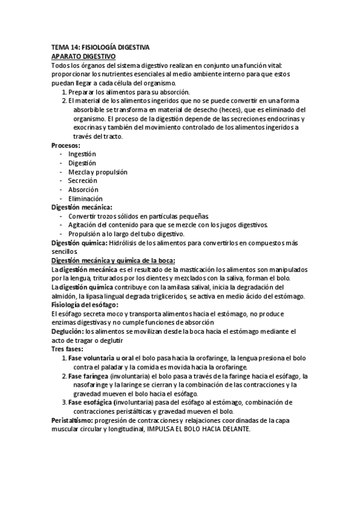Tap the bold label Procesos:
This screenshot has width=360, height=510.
click(66, 146)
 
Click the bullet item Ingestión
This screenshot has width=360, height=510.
click(82, 155)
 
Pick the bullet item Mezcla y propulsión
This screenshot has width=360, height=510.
click(98, 172)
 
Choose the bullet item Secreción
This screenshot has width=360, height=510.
click(82, 181)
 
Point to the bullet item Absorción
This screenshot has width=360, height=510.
click(84, 189)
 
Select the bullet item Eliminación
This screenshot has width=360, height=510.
click(85, 198)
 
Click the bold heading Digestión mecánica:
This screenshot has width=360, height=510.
click(82, 207)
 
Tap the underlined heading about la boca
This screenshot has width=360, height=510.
click(113, 260)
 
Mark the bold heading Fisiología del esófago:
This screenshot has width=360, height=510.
click(85, 305)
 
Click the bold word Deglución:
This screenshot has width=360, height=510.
click(67, 331)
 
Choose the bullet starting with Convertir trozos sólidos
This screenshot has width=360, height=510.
click(139, 217)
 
